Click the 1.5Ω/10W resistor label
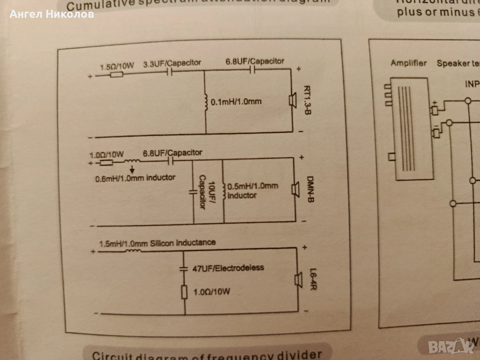(x=117, y=67)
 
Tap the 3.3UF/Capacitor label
(x=172, y=63)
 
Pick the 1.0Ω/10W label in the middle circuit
(x=106, y=154)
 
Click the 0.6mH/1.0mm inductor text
(x=132, y=178)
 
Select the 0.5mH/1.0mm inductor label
(x=252, y=190)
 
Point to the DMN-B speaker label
(x=310, y=189)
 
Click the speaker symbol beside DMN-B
(x=296, y=189)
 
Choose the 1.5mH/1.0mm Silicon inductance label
(x=157, y=243)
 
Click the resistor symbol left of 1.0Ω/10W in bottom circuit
(x=184, y=292)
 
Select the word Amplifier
(x=409, y=63)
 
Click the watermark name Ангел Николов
(x=52, y=14)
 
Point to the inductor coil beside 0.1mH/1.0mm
(x=206, y=101)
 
